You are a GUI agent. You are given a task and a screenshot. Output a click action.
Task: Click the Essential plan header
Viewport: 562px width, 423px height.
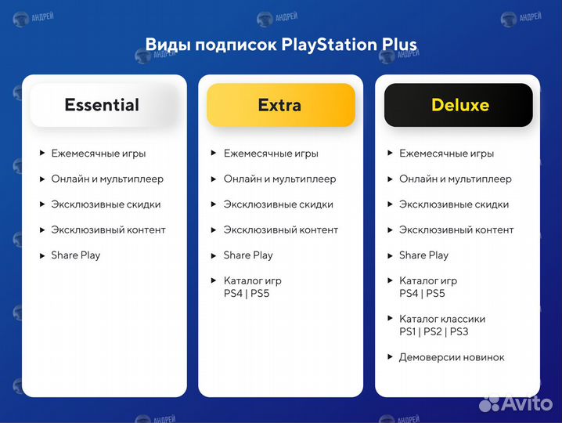[x=102, y=105]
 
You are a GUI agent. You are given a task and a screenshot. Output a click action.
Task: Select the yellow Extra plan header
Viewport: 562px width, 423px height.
[x=280, y=105]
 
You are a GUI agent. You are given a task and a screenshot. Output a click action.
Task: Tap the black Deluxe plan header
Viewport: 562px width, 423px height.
[x=459, y=105]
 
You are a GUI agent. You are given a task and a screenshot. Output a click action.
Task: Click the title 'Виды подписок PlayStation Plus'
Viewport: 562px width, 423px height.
[x=281, y=44]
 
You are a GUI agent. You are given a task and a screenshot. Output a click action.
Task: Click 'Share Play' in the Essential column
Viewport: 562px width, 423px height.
[x=76, y=255]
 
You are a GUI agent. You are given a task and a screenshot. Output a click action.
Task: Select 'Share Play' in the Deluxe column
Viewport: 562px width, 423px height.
[x=423, y=255]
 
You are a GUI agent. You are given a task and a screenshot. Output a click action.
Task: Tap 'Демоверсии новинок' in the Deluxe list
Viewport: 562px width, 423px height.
[x=452, y=357]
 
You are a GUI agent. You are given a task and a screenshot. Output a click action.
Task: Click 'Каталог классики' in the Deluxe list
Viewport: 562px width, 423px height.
[x=442, y=319]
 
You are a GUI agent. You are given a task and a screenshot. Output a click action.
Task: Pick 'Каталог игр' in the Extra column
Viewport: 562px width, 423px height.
[x=252, y=280]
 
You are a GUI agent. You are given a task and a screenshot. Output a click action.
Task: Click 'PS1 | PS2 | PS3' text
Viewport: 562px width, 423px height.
[x=434, y=331]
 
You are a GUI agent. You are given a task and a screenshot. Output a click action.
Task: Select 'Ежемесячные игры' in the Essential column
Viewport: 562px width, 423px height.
[x=99, y=154]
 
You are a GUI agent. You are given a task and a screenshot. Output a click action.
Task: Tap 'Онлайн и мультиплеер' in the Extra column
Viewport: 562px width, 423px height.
[x=279, y=179]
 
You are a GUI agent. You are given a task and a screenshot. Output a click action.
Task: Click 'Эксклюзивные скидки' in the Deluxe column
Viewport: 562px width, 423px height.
[x=454, y=204]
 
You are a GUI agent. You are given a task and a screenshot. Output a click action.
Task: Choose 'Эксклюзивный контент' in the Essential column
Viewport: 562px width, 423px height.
[x=109, y=230]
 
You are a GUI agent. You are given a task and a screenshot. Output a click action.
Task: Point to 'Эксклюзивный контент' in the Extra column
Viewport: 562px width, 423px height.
[x=281, y=230]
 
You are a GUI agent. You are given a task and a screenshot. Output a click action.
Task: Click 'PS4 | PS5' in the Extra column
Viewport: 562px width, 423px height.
[x=247, y=294]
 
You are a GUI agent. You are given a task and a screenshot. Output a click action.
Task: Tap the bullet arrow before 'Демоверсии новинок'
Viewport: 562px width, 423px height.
[x=391, y=357]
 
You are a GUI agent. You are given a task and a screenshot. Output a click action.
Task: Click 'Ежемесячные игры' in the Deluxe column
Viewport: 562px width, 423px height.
[x=446, y=154]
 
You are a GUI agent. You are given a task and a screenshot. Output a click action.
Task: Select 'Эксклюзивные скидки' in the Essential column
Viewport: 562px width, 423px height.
[x=106, y=204]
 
